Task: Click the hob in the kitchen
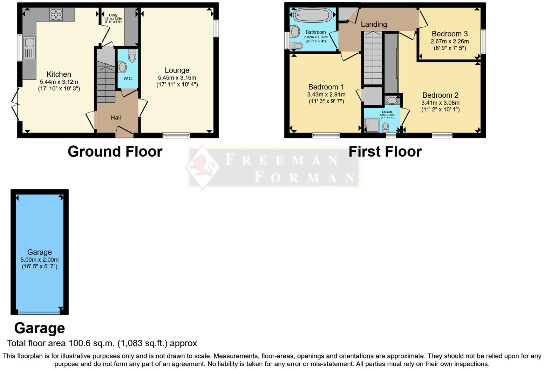(x=56, y=14)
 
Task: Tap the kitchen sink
(x=29, y=43)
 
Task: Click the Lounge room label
(x=177, y=70)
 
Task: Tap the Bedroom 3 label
(x=449, y=34)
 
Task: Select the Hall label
(x=116, y=118)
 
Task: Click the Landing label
(x=374, y=25)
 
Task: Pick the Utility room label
(x=113, y=15)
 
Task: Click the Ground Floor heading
(x=115, y=152)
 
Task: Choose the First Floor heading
(x=385, y=152)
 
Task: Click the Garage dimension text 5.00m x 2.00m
(x=40, y=260)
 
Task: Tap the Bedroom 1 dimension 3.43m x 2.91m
(x=326, y=95)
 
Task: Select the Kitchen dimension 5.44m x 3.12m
(x=59, y=82)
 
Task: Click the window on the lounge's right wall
(x=216, y=28)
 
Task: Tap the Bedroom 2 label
(x=440, y=95)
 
